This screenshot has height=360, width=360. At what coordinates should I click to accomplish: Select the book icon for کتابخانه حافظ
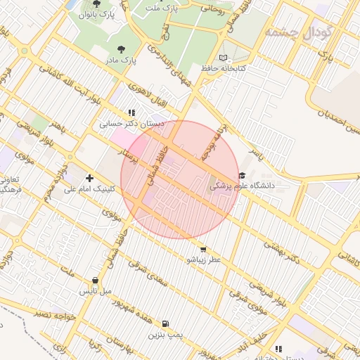tap(224, 58)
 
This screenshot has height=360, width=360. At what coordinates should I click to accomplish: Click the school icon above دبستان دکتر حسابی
tap(131, 112)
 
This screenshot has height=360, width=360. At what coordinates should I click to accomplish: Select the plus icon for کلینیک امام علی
tap(89, 178)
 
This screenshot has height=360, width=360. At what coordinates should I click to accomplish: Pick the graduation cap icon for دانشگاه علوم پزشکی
tap(243, 176)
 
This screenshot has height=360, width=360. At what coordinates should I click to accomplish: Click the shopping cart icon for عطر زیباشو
tap(203, 249)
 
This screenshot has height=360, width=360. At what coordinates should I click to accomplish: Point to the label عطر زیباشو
tap(203, 259)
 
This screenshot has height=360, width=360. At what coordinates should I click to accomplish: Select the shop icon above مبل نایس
tap(95, 280)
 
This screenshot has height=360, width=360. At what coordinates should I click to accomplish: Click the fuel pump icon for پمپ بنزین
tap(165, 323)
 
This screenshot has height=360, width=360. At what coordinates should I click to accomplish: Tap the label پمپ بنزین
tap(165, 335)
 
